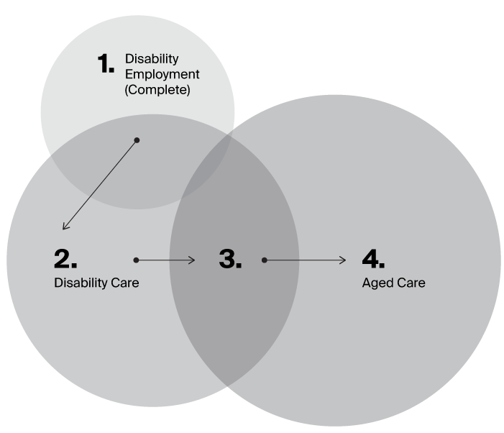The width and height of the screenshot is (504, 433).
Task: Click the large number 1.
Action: click(106, 64)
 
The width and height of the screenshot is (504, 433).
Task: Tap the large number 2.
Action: click(65, 259)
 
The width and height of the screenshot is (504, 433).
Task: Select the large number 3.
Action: click(230, 259)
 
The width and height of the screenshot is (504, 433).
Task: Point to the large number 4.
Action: click(374, 259)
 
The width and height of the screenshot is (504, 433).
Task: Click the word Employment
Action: click(162, 75)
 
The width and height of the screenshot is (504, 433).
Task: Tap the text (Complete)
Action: click(157, 91)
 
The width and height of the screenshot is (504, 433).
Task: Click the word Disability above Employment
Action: click(152, 58)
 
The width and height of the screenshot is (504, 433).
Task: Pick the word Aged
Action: click(376, 283)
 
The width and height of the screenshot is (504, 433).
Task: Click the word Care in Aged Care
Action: click(411, 283)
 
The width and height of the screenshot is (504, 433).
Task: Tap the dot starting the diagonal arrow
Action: click(137, 140)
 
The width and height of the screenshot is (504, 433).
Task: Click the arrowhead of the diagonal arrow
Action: click(65, 228)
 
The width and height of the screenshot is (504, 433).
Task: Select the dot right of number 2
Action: click(135, 260)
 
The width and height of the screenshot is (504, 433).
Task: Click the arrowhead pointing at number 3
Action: click(193, 260)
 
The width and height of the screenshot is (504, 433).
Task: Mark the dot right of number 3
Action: click(265, 260)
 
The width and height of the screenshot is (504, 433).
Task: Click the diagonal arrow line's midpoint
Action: click(100, 185)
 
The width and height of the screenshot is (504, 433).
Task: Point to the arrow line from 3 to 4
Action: click(305, 260)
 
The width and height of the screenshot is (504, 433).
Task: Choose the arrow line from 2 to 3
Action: click(165, 260)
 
